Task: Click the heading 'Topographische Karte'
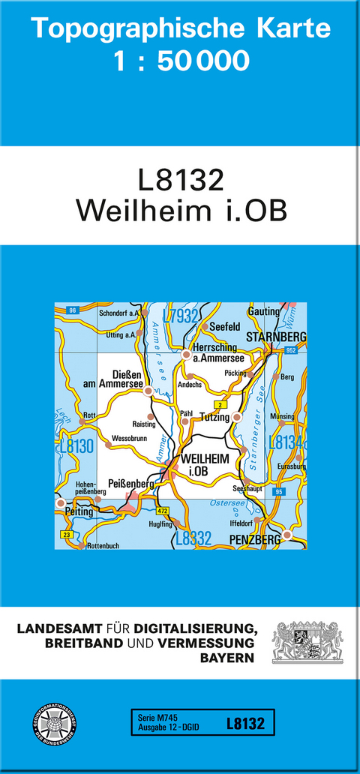pyautogui.click(x=180, y=28)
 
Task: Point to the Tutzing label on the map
pyautogui.click(x=214, y=418)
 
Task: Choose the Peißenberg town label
pyautogui.click(x=130, y=484)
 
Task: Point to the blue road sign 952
pyautogui.click(x=290, y=349)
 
